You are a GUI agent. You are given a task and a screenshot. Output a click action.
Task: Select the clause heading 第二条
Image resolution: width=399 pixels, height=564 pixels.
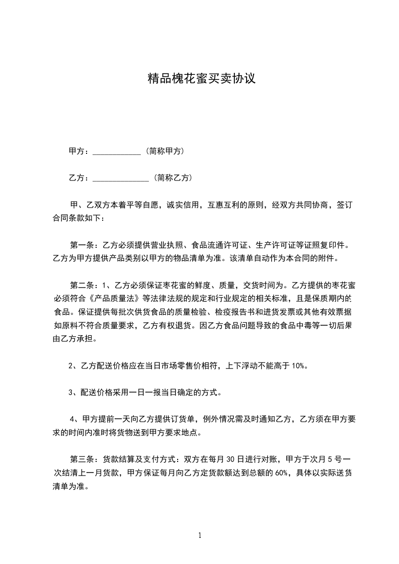tap(80, 286)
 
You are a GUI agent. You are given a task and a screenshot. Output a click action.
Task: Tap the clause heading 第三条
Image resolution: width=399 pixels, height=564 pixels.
tap(80, 460)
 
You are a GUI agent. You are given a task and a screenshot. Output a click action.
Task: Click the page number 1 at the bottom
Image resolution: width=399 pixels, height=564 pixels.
tap(200, 536)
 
